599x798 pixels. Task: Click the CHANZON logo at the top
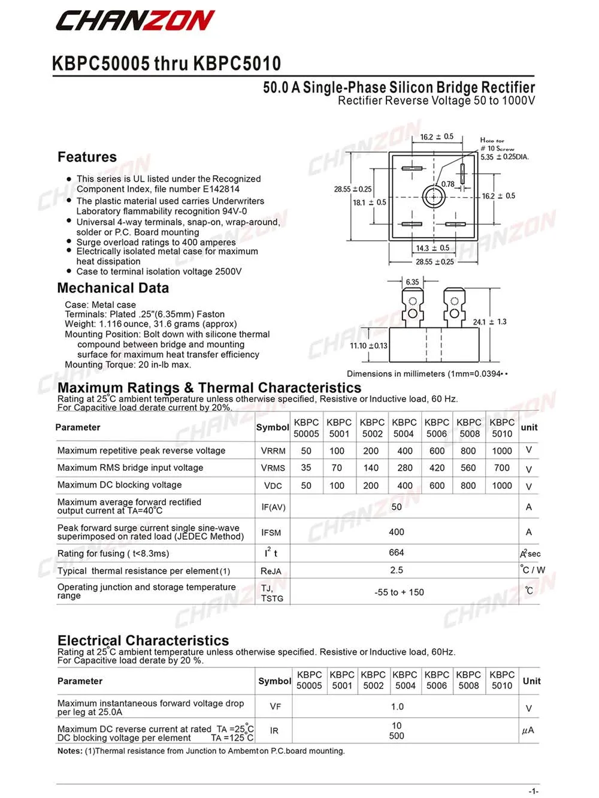coord(135,21)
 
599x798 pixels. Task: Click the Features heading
coord(87,157)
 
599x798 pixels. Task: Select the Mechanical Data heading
coord(113,288)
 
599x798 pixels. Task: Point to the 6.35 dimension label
coord(412,282)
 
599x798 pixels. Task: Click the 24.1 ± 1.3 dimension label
coord(489,322)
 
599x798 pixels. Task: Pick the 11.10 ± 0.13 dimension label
coord(368,346)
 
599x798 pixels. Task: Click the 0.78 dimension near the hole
coord(447,185)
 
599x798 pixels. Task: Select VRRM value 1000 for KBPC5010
coord(502,451)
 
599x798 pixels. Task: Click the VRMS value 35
coord(306,468)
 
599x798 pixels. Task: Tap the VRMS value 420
coord(437,468)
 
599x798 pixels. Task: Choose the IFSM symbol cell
coord(271,533)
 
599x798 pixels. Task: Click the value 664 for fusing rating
coord(397,552)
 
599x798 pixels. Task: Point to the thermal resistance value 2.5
coord(397,570)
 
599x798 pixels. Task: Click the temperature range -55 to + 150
coord(399,593)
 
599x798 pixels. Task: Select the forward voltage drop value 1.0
coord(397,707)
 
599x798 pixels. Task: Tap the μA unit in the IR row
coord(528,731)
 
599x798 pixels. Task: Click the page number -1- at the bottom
coord(533,791)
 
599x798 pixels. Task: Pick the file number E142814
coord(221,189)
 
